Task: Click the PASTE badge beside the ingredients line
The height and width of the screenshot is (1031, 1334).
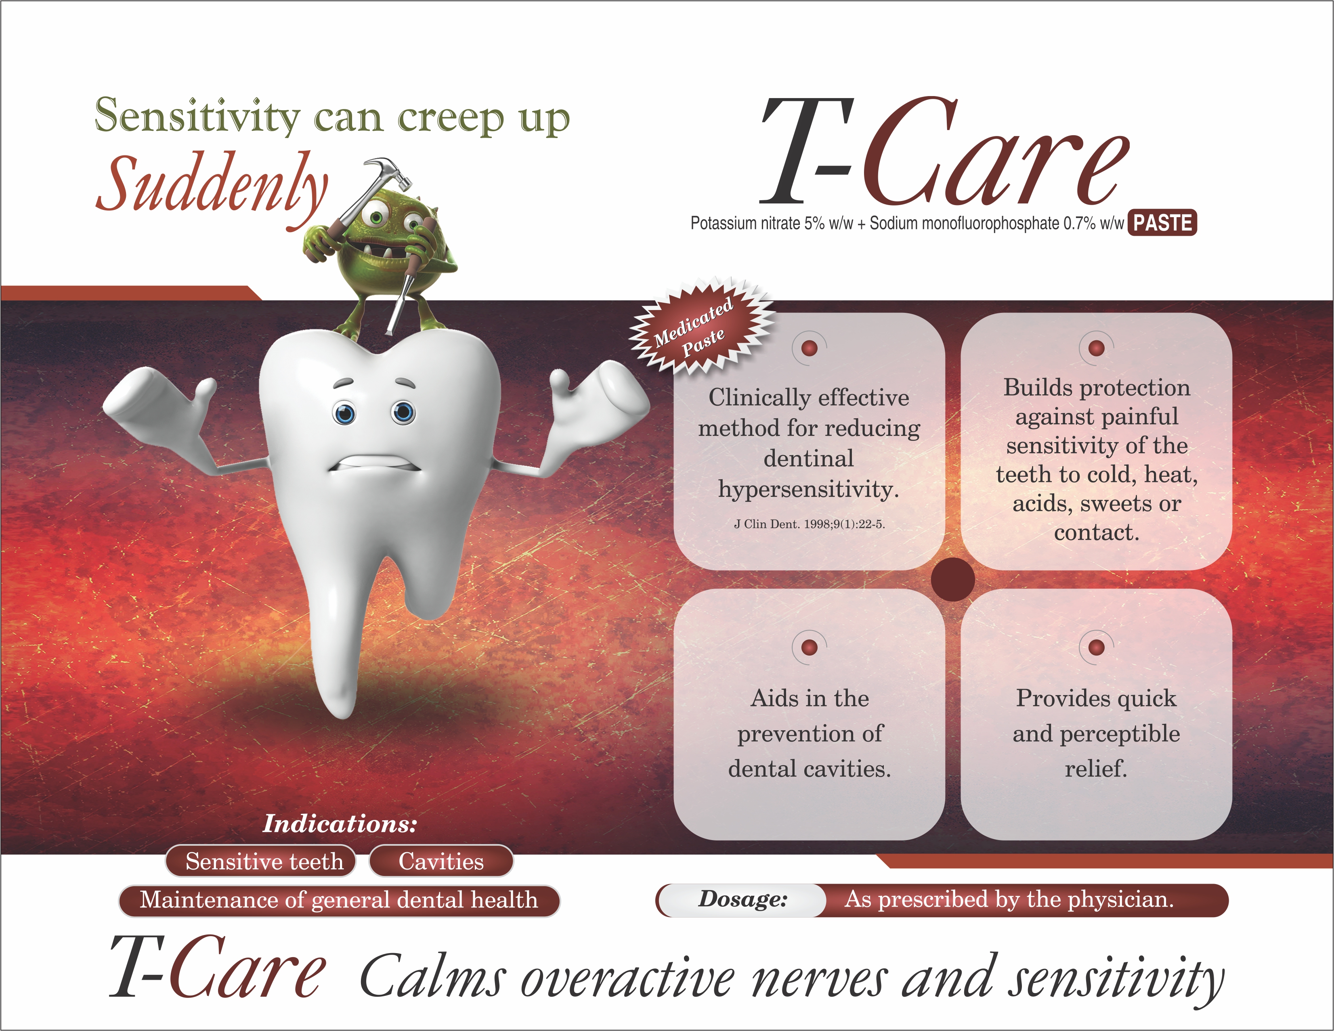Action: tap(1162, 222)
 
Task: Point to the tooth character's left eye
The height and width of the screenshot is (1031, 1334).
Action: tap(344, 413)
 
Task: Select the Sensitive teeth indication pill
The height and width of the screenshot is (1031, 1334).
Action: tap(261, 861)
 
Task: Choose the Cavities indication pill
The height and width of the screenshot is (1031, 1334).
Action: tap(441, 861)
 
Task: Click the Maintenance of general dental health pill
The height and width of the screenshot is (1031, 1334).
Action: tap(339, 900)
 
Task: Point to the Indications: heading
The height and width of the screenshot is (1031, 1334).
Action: tap(340, 824)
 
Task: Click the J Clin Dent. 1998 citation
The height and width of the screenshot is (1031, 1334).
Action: tap(809, 524)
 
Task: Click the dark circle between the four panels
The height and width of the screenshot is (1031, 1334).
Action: tap(953, 579)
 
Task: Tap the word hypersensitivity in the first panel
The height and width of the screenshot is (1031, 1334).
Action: tap(809, 490)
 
